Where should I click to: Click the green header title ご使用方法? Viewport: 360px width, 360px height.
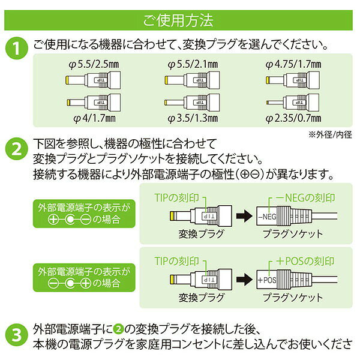[x=178, y=20]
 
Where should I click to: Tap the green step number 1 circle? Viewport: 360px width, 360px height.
[x=17, y=48]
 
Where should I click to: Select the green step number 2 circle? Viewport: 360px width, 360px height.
[x=17, y=149]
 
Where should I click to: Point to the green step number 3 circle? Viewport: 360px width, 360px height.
[x=17, y=335]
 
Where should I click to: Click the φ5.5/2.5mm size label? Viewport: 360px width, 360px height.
[x=94, y=64]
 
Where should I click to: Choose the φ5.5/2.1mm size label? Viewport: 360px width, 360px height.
[x=193, y=64]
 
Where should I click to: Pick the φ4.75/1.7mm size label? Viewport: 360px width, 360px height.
[x=293, y=64]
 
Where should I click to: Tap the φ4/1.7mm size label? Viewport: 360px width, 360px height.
[x=94, y=118]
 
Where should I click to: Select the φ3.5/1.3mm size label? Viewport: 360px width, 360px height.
[x=193, y=118]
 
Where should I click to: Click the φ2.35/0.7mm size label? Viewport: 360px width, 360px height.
[x=293, y=118]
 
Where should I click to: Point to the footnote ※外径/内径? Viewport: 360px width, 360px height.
[x=330, y=134]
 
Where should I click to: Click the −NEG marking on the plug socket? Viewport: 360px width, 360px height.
[x=267, y=217]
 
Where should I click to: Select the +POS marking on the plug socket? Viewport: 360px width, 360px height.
[x=267, y=280]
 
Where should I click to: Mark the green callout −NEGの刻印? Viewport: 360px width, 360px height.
[x=305, y=198]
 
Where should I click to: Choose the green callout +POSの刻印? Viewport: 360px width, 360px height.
[x=305, y=261]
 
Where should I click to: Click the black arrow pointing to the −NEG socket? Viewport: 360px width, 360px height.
[x=244, y=216]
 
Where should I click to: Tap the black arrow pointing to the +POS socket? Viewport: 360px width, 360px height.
[x=244, y=280]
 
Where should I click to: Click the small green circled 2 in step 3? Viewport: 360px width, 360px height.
[x=118, y=329]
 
